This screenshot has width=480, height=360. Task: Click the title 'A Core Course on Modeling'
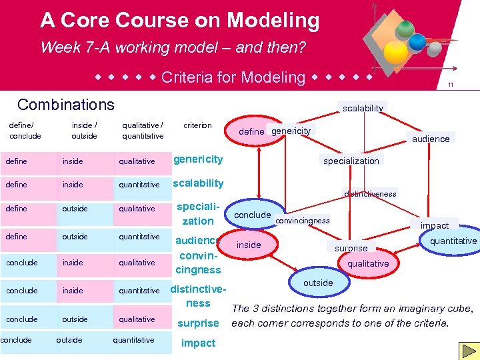pyautogui.click(x=180, y=21)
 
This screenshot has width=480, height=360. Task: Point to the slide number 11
pyautogui.click(x=451, y=85)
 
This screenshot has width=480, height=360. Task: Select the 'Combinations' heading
pyautogui.click(x=66, y=105)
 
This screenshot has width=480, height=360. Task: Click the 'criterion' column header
pyautogui.click(x=197, y=125)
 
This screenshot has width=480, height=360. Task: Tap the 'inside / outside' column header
pyautogui.click(x=84, y=131)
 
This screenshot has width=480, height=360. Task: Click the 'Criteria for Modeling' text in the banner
pyautogui.click(x=233, y=77)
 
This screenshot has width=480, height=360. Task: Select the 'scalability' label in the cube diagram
pyautogui.click(x=363, y=108)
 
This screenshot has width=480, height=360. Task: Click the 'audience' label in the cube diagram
pyautogui.click(x=431, y=139)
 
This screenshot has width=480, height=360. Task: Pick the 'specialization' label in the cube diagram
pyautogui.click(x=351, y=161)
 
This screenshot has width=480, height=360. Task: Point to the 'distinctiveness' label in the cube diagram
pyautogui.click(x=370, y=194)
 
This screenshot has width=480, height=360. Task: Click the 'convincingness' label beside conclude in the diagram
pyautogui.click(x=302, y=221)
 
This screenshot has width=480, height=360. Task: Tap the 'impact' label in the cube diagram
pyautogui.click(x=434, y=225)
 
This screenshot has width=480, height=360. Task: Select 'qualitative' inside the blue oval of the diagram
pyautogui.click(x=368, y=263)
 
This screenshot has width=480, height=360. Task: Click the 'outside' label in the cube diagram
pyautogui.click(x=318, y=283)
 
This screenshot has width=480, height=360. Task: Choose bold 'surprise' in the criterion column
pyautogui.click(x=198, y=323)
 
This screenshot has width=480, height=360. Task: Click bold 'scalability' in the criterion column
pyautogui.click(x=198, y=183)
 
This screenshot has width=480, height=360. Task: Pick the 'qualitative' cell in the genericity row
pyautogui.click(x=137, y=161)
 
